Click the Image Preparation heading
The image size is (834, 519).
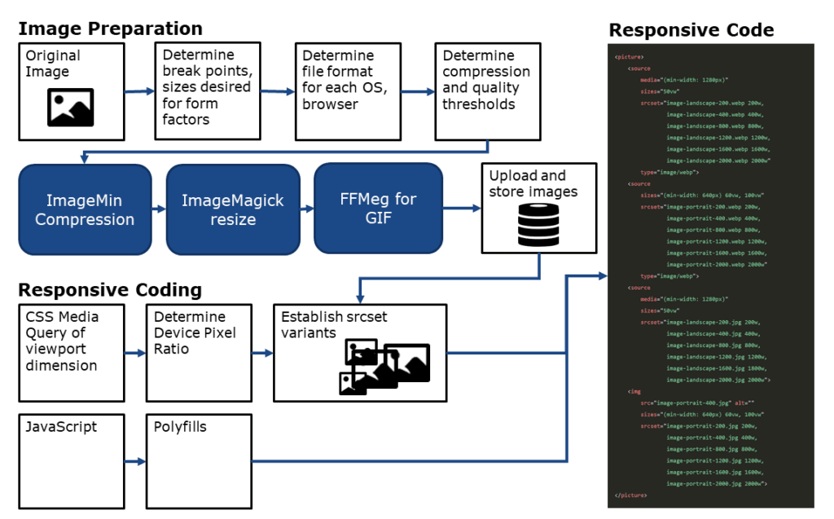coord(110,29)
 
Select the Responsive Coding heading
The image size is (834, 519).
coord(110,290)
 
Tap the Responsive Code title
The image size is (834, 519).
coord(691,30)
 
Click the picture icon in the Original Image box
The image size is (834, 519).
coord(71,108)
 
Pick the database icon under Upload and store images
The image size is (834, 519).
coord(538,225)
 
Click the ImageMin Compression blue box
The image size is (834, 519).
coord(85,209)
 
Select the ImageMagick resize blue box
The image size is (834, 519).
coord(233,209)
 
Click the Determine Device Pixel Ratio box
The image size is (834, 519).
coord(199,352)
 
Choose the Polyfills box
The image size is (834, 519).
coord(199,460)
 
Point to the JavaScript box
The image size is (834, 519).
coord(71,460)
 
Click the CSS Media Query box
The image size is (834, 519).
coord(71,352)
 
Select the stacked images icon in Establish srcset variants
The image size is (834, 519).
coord(383,367)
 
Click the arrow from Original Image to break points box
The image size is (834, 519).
coord(139,91)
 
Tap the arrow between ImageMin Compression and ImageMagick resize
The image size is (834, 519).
coord(159,210)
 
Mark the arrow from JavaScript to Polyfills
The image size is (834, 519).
coord(134,462)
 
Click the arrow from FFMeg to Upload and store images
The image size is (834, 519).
coord(462,209)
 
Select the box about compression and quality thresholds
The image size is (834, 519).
coord(487,91)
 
